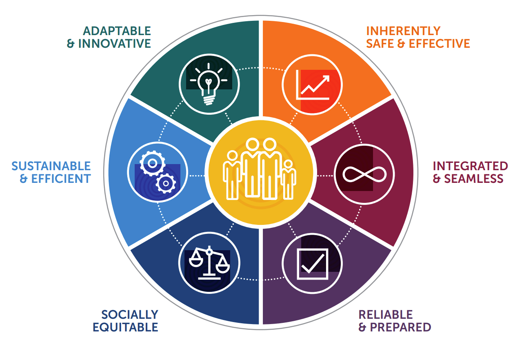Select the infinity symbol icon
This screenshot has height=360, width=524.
click(364, 173)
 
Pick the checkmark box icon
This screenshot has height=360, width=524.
click(312, 264)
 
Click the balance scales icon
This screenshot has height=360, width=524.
click(209, 264)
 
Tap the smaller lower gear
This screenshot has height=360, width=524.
click(166, 183)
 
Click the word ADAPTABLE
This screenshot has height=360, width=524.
click(117, 31)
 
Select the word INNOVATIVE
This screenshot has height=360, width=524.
click(115, 44)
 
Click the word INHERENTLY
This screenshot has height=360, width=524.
click(403, 31)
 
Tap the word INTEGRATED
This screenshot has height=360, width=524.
click(470, 166)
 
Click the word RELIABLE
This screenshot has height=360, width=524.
click(386, 315)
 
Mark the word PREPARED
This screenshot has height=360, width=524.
click(400, 327)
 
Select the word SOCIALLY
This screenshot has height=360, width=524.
click(130, 315)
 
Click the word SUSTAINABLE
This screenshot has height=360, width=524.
click(51, 166)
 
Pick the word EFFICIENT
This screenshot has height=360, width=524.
click(61, 179)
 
